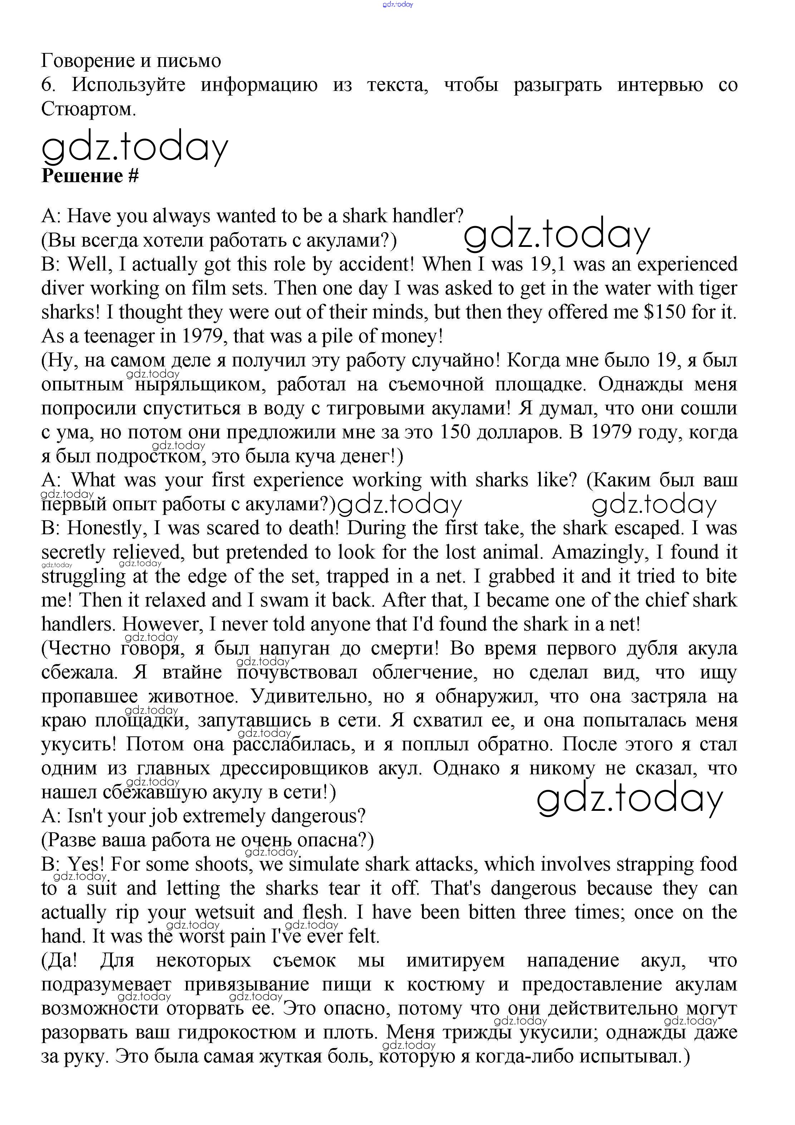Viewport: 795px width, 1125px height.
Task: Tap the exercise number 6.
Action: pos(47,85)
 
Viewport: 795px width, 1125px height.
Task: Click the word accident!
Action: pos(370,264)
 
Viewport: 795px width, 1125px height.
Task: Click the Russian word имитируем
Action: pos(456,960)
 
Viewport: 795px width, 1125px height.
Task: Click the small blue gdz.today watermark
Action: pos(398,4)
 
